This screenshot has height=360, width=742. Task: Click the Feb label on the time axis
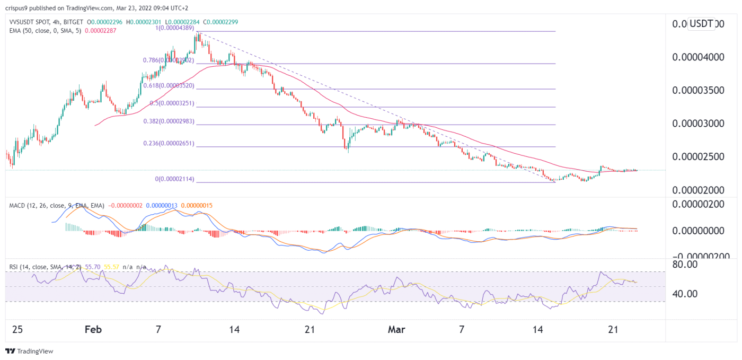click(93, 330)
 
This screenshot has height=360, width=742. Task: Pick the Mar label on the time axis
click(396, 330)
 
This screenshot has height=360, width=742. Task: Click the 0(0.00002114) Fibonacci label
click(175, 179)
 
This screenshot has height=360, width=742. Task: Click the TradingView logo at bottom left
click(29, 351)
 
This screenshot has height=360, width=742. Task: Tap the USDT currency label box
click(701, 23)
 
